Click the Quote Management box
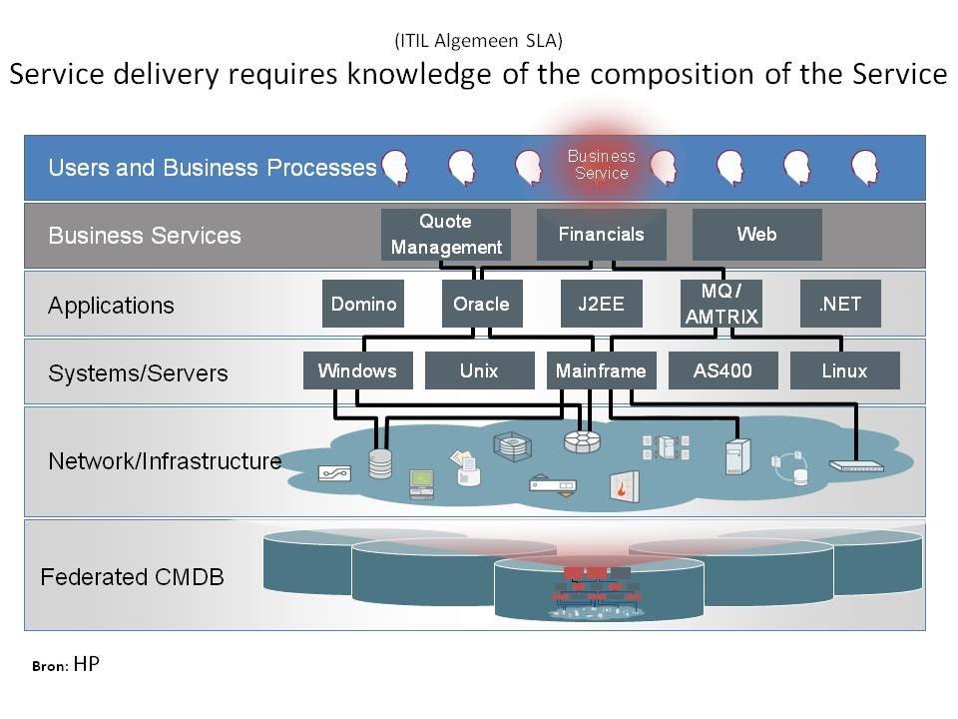point(446,235)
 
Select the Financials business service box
point(601,235)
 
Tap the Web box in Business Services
point(756,235)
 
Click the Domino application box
point(363,304)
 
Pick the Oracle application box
point(481,304)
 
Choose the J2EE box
point(601,304)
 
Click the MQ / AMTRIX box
point(721,304)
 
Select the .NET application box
point(840,304)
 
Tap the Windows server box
point(357,370)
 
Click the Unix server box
point(479,370)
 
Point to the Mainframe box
point(601,370)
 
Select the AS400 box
point(722,370)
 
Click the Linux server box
point(844,370)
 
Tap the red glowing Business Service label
point(601,165)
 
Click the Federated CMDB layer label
point(132,577)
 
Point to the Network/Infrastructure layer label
point(165,461)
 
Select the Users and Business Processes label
point(212,168)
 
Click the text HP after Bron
point(87,664)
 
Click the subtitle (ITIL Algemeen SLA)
point(478,41)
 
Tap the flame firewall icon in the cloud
point(625,484)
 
